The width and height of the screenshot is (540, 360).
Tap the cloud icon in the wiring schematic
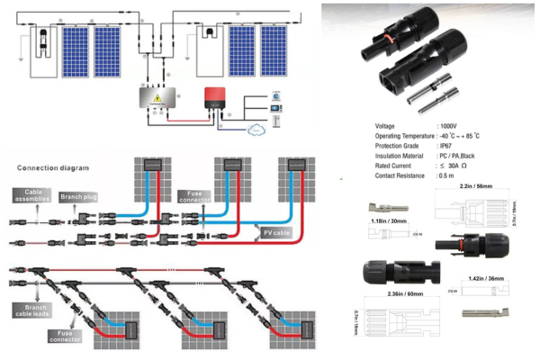pyautogui.click(x=260, y=128)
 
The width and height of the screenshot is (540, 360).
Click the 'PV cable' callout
pyautogui.click(x=278, y=232)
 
